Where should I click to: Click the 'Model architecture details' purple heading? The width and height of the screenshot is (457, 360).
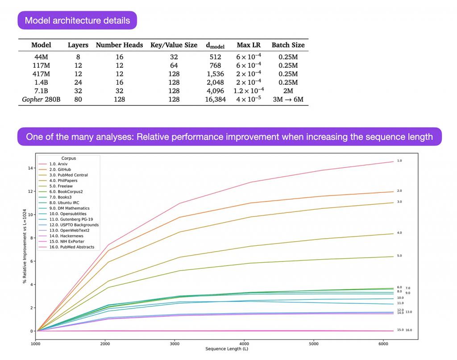[x=77, y=21]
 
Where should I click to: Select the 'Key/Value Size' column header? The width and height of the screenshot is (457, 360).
[x=174, y=45]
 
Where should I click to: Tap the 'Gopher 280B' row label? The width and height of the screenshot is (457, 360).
[x=41, y=99]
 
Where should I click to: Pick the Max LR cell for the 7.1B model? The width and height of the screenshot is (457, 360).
[x=249, y=91]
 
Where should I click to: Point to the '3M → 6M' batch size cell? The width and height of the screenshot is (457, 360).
[x=288, y=99]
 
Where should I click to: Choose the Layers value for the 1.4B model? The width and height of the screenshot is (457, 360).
[x=78, y=82]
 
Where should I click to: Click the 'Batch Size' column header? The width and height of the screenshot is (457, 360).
[x=288, y=45]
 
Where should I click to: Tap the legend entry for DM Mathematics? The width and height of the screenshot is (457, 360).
[x=74, y=208]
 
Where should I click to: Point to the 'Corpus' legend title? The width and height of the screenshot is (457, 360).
[x=69, y=158]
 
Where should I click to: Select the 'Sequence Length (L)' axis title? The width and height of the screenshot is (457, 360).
[x=227, y=349]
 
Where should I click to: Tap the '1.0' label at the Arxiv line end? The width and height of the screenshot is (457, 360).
[x=399, y=160]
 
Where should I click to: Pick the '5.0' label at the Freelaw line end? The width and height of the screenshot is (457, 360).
[x=399, y=256]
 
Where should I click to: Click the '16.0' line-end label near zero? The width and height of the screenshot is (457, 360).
[x=409, y=330]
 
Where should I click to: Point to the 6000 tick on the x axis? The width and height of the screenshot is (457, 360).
[x=383, y=344]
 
